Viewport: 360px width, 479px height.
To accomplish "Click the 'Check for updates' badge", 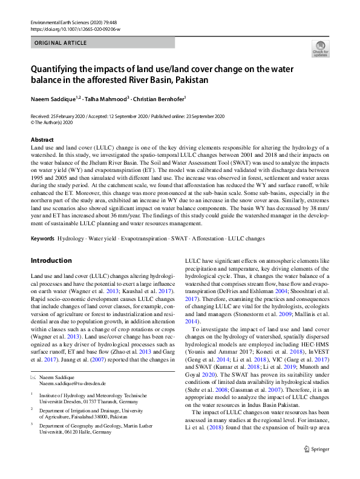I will pyautogui.click(x=320, y=48).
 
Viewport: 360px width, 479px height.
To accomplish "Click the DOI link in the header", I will pyautogui.click(x=74, y=28).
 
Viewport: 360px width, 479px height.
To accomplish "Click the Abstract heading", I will pyautogui.click(x=42, y=140).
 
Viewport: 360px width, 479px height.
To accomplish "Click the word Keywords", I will pyautogui.click(x=42, y=239).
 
